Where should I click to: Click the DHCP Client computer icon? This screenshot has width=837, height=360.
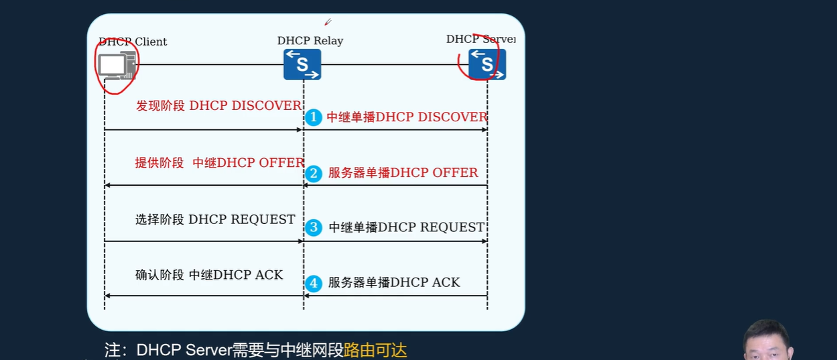tap(117, 66)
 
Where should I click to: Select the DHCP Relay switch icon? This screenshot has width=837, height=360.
tap(302, 64)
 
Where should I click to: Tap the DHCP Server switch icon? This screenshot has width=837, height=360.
tap(487, 64)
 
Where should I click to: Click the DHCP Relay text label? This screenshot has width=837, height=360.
tap(310, 41)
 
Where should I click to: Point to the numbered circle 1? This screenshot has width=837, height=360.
tap(313, 117)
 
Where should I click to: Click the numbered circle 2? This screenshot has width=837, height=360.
tap(314, 174)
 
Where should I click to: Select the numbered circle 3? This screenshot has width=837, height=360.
tap(314, 227)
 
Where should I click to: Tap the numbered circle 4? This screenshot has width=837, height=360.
tap(314, 283)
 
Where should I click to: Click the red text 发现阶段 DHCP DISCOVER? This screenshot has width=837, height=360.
tap(218, 106)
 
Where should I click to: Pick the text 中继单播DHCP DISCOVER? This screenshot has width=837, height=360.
tap(407, 117)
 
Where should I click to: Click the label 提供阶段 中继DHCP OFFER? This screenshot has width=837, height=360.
tap(219, 163)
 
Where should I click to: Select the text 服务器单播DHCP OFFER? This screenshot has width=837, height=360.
tap(403, 173)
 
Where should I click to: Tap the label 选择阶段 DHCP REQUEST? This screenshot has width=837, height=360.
tap(215, 220)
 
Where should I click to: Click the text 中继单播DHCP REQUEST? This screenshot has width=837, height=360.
tap(406, 228)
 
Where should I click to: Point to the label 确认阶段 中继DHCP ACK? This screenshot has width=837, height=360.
tap(209, 275)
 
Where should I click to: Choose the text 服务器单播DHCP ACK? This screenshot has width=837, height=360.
tap(394, 283)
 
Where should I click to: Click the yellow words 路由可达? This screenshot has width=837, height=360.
tap(375, 350)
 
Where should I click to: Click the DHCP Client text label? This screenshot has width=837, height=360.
tap(133, 42)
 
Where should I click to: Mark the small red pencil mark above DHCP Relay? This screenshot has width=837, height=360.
tap(328, 22)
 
